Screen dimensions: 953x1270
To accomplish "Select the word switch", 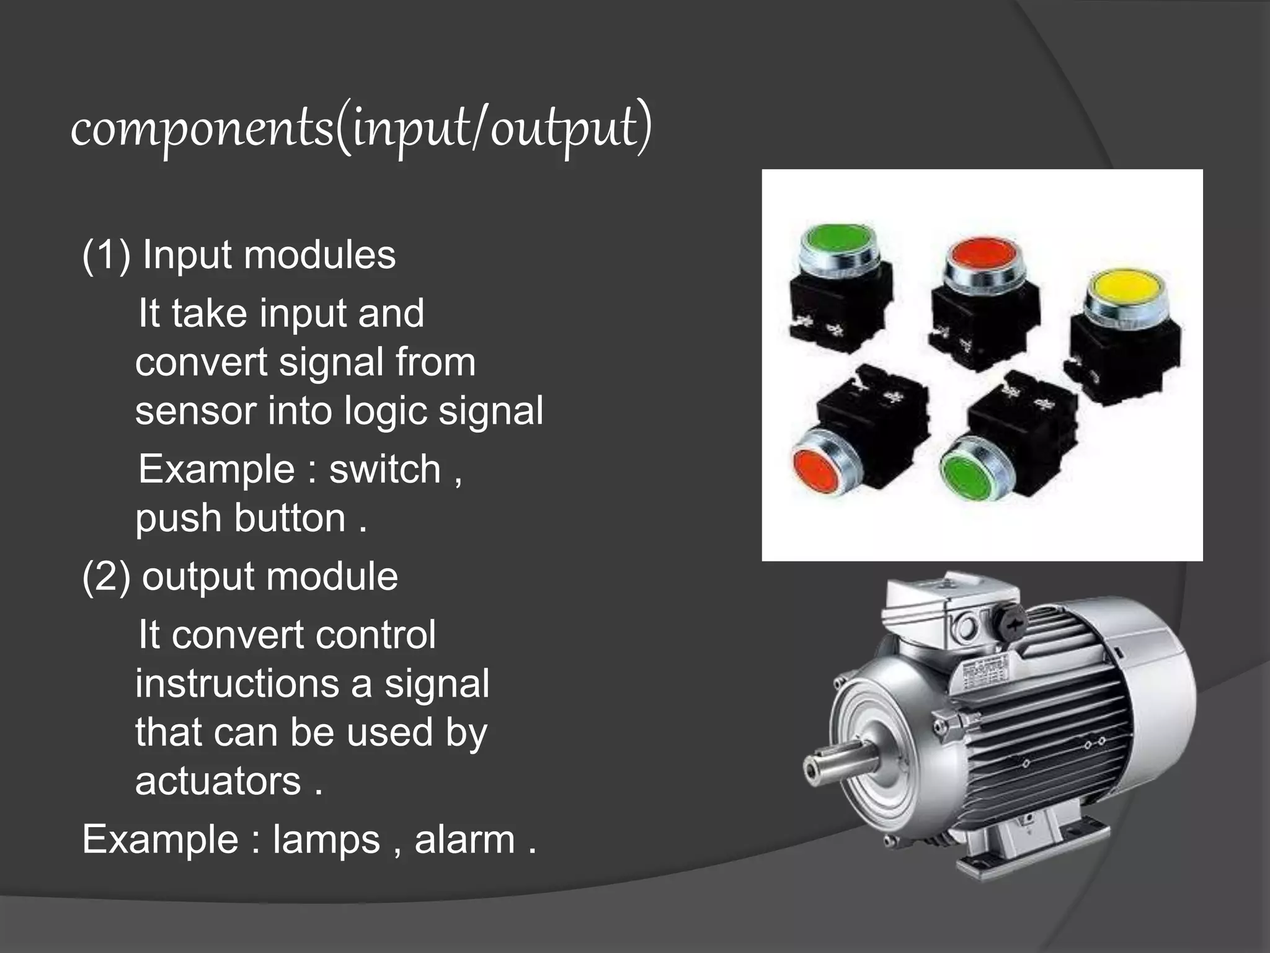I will tap(384, 469).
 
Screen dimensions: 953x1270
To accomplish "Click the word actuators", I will tap(218, 781).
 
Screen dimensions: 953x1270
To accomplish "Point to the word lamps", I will tap(326, 840).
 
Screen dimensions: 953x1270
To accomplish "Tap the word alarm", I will tap(464, 840).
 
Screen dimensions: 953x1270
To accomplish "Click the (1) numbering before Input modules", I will tap(106, 255).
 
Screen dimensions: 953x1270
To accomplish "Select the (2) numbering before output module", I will tap(106, 576).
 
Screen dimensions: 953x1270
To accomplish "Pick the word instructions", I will tap(237, 684).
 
